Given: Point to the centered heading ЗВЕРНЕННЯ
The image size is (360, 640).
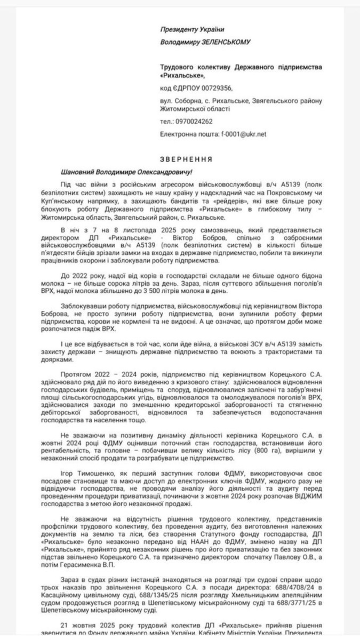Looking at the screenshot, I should pyautogui.click(x=180, y=159).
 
